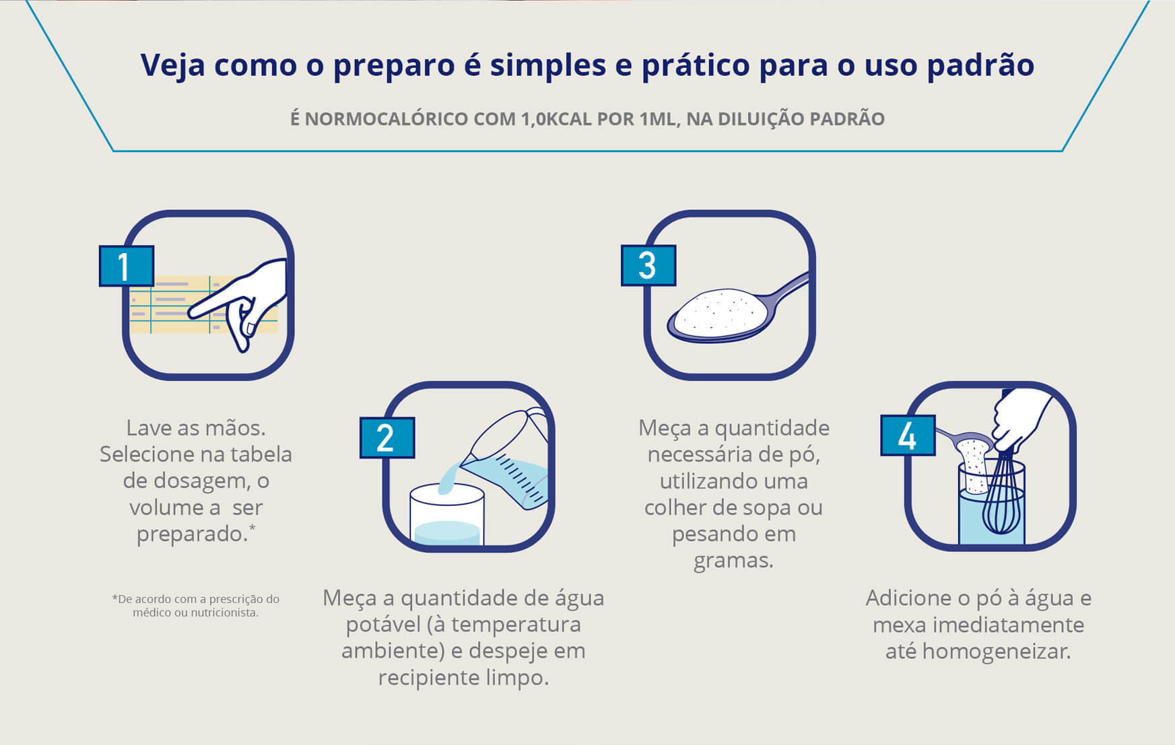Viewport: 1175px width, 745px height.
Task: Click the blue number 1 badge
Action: (x=127, y=266)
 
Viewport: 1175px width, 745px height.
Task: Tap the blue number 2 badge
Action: (x=387, y=437)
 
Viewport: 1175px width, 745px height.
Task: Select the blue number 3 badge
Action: (x=648, y=265)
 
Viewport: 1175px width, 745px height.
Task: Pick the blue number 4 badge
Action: (x=908, y=435)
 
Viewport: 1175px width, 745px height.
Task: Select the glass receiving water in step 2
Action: (x=447, y=514)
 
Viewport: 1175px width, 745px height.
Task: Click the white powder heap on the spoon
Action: (x=720, y=312)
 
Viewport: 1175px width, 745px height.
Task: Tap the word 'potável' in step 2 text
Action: (x=383, y=625)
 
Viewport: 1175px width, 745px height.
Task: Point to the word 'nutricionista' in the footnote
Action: (x=223, y=613)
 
